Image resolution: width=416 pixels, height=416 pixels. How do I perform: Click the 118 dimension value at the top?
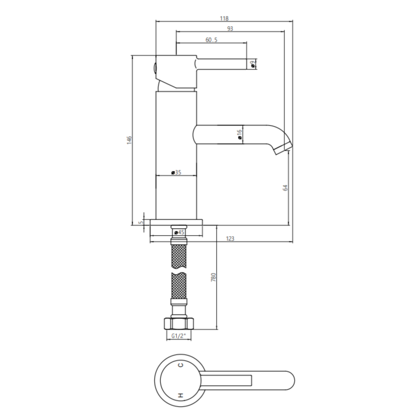click(x=224, y=18)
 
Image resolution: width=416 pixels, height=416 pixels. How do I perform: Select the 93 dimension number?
click(x=230, y=29)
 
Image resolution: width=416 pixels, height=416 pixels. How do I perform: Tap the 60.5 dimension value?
click(x=211, y=40)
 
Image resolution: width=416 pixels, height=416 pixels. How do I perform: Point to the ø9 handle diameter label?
click(x=253, y=64)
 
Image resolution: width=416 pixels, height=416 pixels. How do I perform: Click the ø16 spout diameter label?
click(x=239, y=134)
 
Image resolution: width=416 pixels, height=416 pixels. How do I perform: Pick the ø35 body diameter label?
click(x=176, y=172)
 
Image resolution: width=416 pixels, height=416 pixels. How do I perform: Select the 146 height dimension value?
click(x=129, y=139)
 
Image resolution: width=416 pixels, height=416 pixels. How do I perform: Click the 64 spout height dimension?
click(x=285, y=188)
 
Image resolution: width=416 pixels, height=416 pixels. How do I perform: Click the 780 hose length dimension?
click(x=213, y=277)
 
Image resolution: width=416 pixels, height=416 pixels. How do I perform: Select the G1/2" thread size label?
click(x=178, y=336)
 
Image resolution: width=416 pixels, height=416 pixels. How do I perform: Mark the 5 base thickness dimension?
click(x=141, y=222)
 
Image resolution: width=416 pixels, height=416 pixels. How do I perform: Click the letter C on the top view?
click(x=181, y=365)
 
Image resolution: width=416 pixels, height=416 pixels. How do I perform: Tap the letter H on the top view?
click(x=180, y=395)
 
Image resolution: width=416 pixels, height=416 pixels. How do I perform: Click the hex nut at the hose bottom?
click(x=178, y=323)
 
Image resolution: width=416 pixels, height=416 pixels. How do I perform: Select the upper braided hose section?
click(x=179, y=256)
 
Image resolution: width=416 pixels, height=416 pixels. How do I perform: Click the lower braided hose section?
click(x=179, y=286)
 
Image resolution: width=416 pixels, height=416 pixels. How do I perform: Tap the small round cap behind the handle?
click(x=154, y=67)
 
